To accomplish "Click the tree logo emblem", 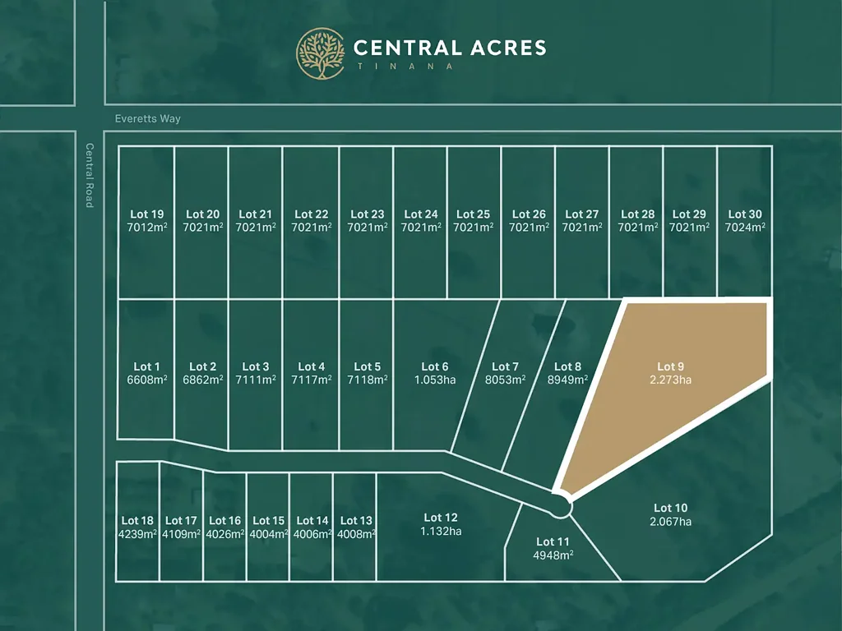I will tap(321, 53).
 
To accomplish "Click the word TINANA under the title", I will tap(403, 67).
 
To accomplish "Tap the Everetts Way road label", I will tap(148, 119).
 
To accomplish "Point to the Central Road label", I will tap(90, 175).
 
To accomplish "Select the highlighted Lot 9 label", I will tap(670, 366).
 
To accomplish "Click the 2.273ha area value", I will tap(670, 380).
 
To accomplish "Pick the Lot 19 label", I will tap(147, 214).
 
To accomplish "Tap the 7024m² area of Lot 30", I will tap(745, 228).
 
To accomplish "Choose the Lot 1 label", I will tap(147, 366).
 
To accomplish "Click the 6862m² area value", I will tap(202, 380).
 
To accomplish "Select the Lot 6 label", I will tap(435, 366).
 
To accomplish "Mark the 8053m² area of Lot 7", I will tap(505, 380).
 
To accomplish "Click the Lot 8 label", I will tap(567, 366).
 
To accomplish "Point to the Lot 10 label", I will tap(670, 508).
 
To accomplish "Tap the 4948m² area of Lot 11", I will tap(553, 555).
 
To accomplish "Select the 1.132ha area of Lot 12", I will tap(441, 531).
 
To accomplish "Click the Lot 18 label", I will tap(137, 520).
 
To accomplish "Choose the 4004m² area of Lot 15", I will tap(268, 533).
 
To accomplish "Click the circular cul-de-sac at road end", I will tap(561, 507).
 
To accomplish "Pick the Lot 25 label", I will tap(473, 214).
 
